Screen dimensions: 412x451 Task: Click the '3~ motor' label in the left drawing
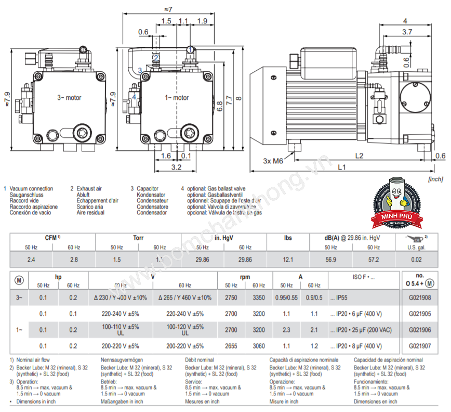69,97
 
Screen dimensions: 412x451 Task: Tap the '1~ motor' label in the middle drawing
177,97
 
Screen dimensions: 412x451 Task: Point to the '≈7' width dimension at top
168,9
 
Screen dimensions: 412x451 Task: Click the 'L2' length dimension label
359,155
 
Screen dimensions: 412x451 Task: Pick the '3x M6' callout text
273,161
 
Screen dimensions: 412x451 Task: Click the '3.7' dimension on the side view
407,32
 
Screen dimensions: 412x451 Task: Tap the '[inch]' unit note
434,179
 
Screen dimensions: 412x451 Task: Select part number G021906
420,330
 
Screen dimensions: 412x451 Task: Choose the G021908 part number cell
420,298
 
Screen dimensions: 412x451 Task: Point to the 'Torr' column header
138,238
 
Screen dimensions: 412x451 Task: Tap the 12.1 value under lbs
288,259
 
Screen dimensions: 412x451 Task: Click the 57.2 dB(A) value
374,259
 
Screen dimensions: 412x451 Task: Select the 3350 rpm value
258,298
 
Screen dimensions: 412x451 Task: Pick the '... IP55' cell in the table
340,298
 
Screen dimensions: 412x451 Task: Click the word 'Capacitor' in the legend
148,188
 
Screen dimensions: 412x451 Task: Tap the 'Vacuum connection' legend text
31,188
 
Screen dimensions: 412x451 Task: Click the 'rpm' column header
245,277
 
